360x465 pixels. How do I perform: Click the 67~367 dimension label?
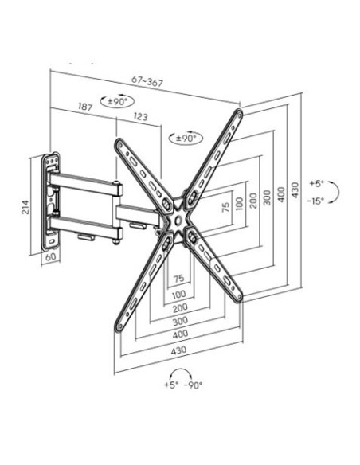[147, 81]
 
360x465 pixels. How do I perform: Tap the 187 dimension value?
[85, 107]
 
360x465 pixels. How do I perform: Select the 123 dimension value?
[140, 116]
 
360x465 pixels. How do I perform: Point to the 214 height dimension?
[25, 207]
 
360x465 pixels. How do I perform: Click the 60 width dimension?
[51, 257]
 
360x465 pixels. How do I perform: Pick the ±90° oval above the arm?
[117, 101]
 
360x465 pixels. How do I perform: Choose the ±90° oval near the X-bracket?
[186, 138]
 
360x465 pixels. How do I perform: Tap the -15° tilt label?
[315, 201]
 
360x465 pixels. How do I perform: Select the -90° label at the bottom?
[193, 385]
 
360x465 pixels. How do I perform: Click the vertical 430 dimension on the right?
[295, 190]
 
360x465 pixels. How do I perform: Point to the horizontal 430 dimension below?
[179, 350]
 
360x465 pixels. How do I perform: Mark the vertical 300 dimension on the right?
[267, 197]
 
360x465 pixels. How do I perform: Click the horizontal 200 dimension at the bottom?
[180, 308]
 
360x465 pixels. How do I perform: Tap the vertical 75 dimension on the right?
[226, 207]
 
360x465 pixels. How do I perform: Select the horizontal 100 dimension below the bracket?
[179, 295]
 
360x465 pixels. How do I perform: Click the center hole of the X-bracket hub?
[178, 221]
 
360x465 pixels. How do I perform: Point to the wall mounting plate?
[51, 201]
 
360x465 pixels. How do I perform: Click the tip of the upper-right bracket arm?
[239, 112]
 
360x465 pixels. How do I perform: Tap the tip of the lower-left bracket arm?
[119, 327]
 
